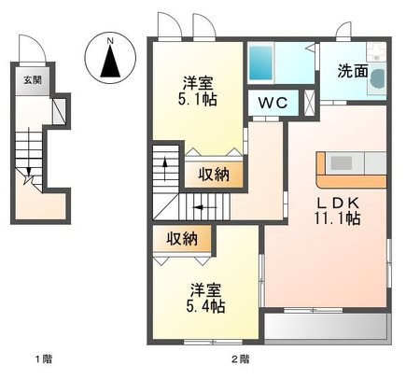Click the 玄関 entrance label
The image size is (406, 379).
[33, 80]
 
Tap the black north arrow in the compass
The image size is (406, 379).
[110, 61]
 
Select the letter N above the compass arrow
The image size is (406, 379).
[110, 40]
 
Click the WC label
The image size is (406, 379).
[273, 103]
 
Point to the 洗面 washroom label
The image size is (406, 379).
[353, 71]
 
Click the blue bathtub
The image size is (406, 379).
[261, 63]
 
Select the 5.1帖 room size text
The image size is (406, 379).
[197, 100]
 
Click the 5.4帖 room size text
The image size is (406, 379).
[205, 306]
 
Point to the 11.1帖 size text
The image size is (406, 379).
[337, 218]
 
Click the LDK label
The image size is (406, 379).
[338, 204]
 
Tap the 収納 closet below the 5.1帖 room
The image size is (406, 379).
[214, 175]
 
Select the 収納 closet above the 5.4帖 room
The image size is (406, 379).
[182, 239]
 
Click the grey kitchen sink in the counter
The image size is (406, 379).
[341, 162]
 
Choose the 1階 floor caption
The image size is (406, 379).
[44, 359]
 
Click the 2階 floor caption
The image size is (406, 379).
[241, 359]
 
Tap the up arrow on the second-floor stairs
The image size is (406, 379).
[165, 169]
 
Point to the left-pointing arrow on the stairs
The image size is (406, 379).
[204, 207]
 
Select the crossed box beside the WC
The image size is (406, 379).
[309, 103]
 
